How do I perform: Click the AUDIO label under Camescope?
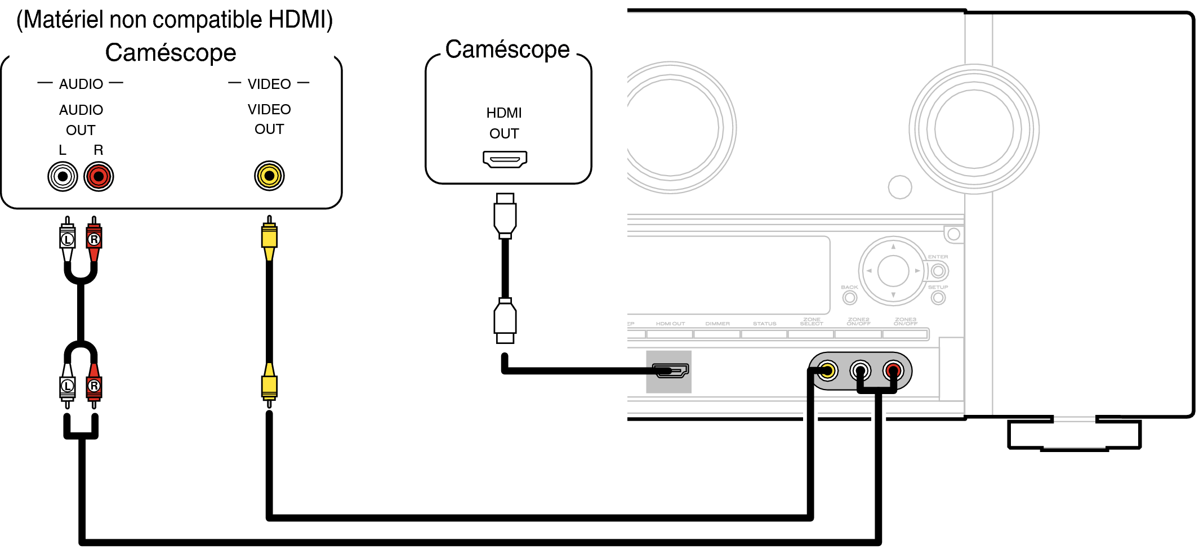click(x=81, y=84)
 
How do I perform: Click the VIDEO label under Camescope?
click(x=269, y=84)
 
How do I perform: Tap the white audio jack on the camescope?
click(x=63, y=177)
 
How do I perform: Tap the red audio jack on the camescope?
click(x=99, y=177)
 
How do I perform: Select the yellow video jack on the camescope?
click(x=269, y=176)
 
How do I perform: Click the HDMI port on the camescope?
click(x=505, y=159)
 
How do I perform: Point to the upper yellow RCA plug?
click(x=269, y=239)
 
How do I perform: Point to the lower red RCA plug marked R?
click(x=94, y=385)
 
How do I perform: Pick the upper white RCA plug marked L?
click(x=68, y=239)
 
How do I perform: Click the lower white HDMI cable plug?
click(x=505, y=320)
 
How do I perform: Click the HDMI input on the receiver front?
click(x=669, y=371)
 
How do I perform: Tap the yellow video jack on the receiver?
click(x=827, y=371)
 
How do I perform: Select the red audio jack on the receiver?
click(x=893, y=370)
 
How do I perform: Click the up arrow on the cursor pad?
click(x=893, y=247)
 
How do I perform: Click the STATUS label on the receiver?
click(x=764, y=324)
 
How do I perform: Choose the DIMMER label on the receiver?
click(x=717, y=324)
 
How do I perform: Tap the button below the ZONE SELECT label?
click(x=811, y=334)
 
